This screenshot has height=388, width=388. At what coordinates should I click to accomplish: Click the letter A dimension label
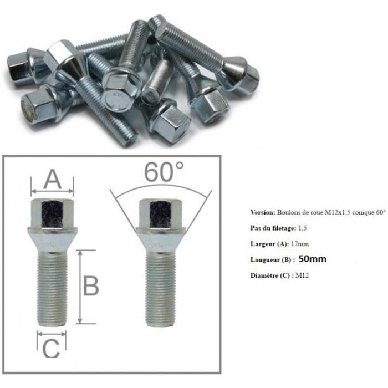click(x=53, y=179)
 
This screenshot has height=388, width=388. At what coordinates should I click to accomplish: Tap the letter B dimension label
click(x=91, y=286)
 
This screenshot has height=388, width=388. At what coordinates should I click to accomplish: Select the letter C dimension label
click(x=51, y=349)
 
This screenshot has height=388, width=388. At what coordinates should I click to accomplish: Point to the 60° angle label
click(x=164, y=172)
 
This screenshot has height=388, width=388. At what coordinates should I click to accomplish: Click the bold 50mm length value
click(x=313, y=259)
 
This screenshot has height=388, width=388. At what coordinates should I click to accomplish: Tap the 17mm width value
click(x=300, y=244)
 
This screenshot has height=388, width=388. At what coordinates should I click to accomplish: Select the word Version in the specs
click(x=263, y=212)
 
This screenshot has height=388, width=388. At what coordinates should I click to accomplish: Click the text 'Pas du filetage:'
click(x=273, y=228)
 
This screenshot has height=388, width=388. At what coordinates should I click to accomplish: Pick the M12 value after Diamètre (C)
click(x=302, y=275)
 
